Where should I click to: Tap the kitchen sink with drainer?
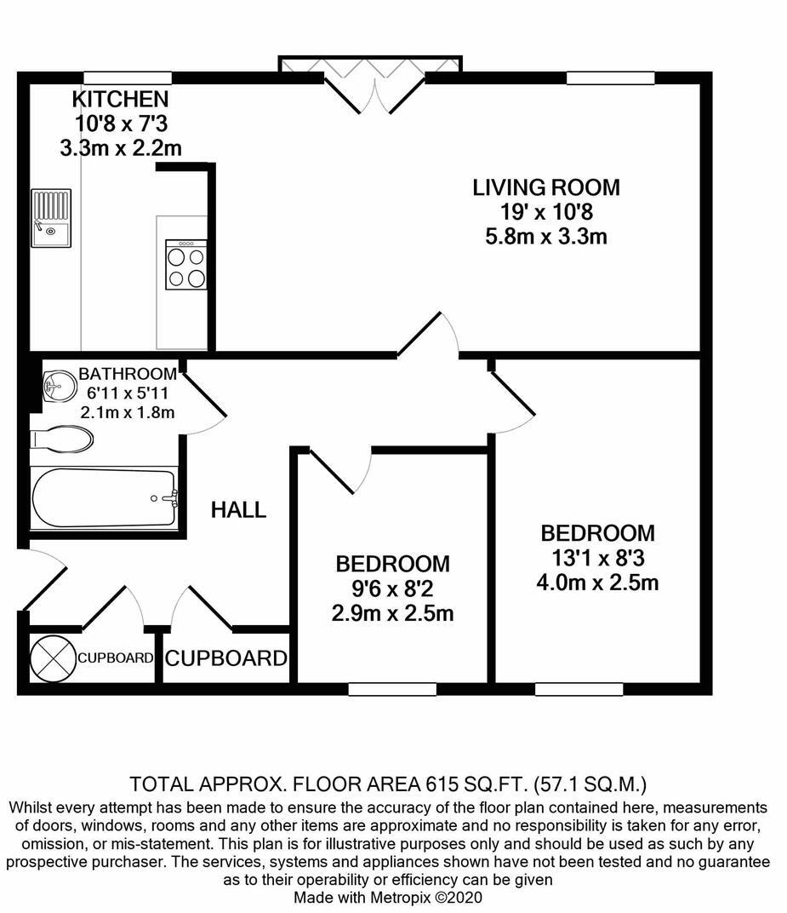click(x=51, y=217)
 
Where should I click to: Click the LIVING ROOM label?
click(x=546, y=187)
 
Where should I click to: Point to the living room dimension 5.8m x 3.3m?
click(x=546, y=236)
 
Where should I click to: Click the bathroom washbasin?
click(x=59, y=385)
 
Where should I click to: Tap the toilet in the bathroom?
click(x=62, y=439)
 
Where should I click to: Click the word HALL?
click(x=238, y=510)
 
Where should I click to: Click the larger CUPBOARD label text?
click(x=225, y=658)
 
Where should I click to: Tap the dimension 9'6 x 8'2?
click(x=392, y=588)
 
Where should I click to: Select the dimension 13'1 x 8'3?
click(x=597, y=558)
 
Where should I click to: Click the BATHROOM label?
click(x=128, y=374)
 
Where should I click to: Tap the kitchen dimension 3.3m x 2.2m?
click(x=120, y=147)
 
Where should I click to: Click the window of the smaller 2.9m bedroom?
click(x=392, y=689)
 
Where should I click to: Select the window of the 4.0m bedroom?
click(x=579, y=689)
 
